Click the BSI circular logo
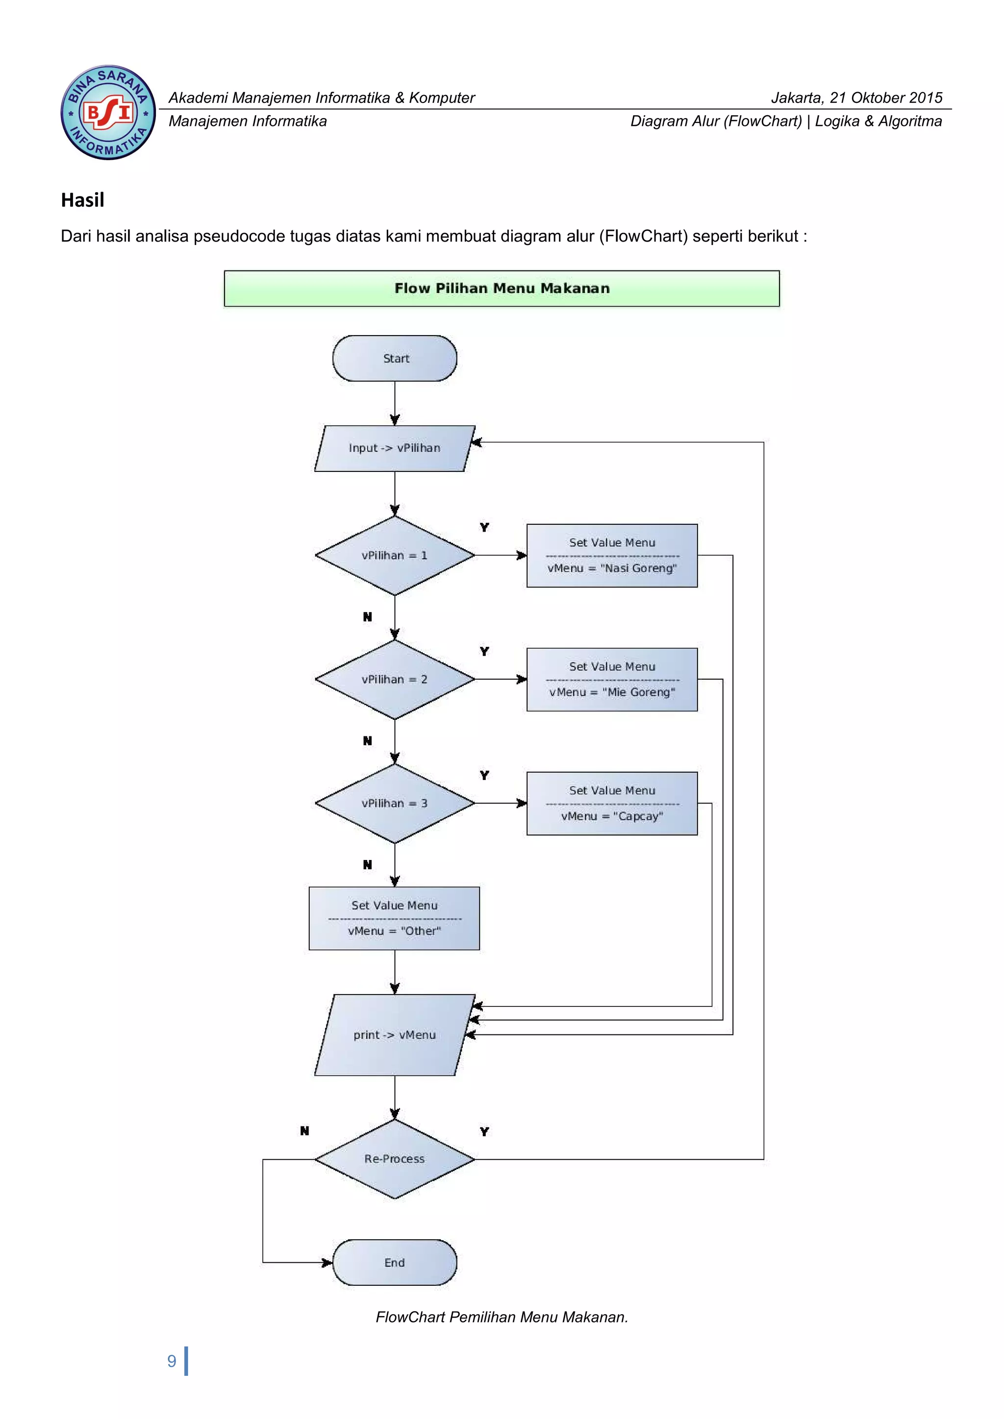click(x=108, y=113)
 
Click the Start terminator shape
click(x=395, y=359)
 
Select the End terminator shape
click(x=395, y=1262)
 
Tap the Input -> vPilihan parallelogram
click(x=395, y=448)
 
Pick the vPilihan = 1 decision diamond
click(x=395, y=556)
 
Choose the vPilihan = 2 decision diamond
click(x=395, y=679)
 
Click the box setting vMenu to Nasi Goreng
click(x=611, y=556)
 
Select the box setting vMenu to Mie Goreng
click(x=611, y=679)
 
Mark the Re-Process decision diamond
click(x=395, y=1159)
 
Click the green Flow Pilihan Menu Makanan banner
click(x=502, y=288)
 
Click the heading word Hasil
click(x=82, y=200)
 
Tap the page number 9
click(x=172, y=1361)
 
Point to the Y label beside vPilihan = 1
click(x=484, y=527)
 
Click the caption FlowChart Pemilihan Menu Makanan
click(x=502, y=1317)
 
